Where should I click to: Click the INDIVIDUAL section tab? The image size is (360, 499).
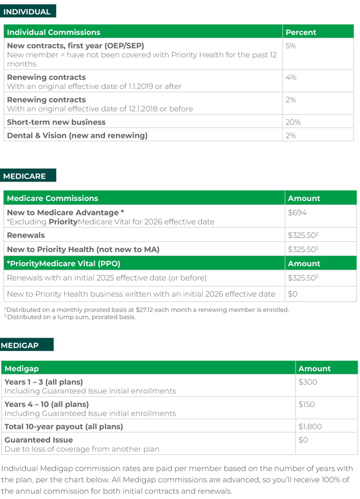[28, 11]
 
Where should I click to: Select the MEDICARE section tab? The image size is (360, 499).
[25, 176]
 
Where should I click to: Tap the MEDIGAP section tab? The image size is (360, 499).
[21, 345]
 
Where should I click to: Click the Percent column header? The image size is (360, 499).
[301, 33]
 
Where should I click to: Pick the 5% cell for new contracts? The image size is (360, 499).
[291, 46]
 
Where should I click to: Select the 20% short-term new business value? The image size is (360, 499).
[293, 122]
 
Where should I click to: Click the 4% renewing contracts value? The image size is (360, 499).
[291, 78]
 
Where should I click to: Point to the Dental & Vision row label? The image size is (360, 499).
[77, 136]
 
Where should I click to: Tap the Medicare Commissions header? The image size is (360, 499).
[52, 199]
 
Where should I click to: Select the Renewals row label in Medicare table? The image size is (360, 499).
[26, 235]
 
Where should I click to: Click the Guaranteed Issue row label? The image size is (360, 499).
[36, 440]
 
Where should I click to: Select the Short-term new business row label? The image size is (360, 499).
[56, 122]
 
